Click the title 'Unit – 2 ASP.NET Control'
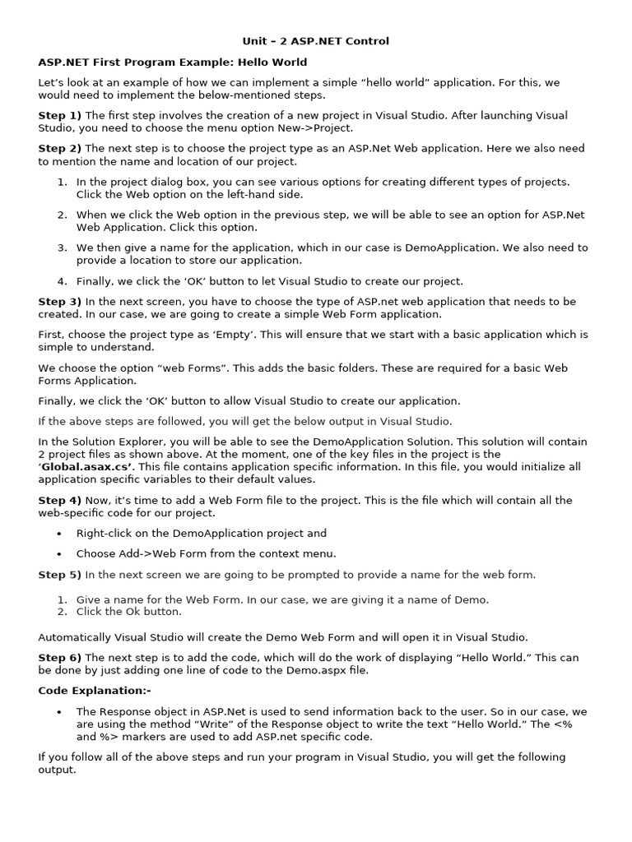tap(315, 41)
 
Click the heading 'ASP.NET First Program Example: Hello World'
tap(173, 62)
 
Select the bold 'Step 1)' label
tap(59, 116)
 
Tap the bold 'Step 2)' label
tap(59, 149)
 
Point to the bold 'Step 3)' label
tap(59, 302)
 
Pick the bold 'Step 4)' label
tap(59, 500)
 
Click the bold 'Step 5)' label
tap(59, 575)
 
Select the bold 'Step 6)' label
tap(59, 657)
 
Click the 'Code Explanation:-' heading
tap(95, 691)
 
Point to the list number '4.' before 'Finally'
tap(63, 281)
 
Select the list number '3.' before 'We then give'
tap(63, 248)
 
